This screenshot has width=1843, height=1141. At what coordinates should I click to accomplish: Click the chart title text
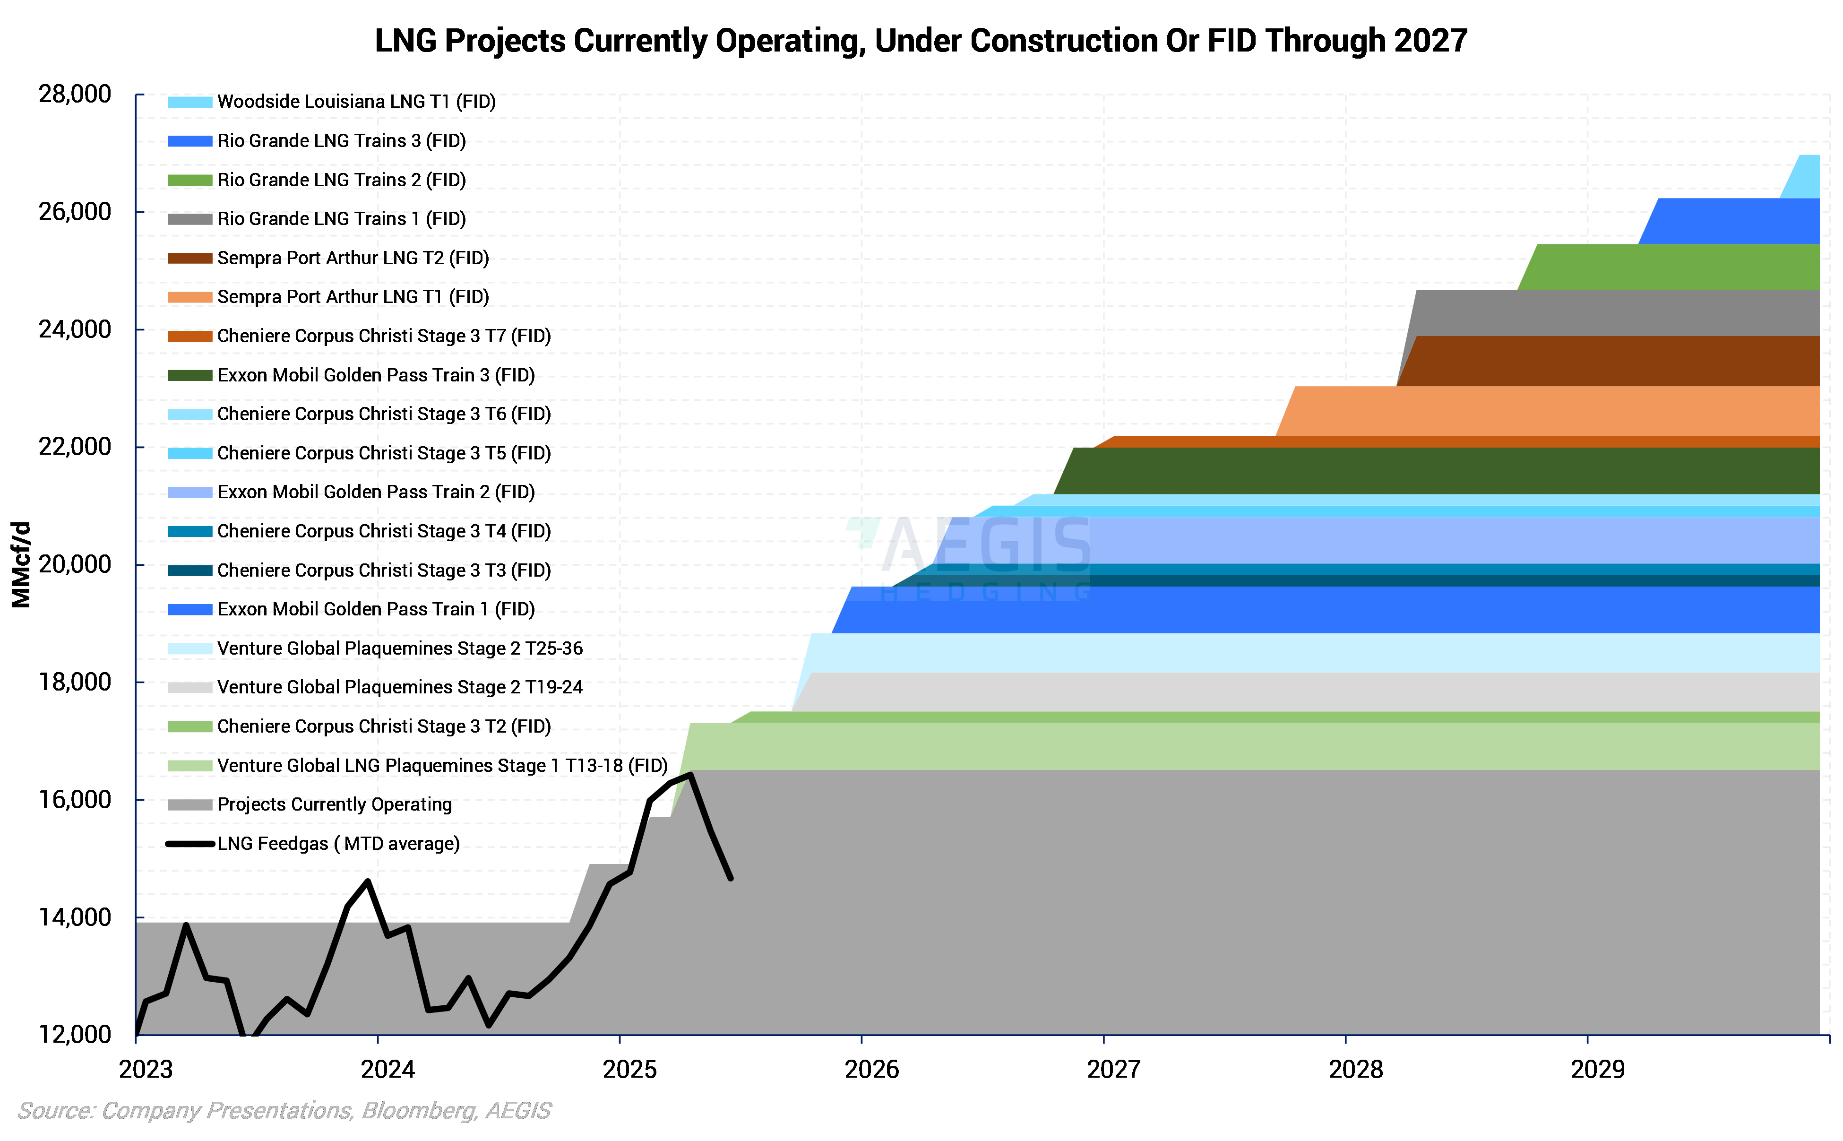pyautogui.click(x=921, y=41)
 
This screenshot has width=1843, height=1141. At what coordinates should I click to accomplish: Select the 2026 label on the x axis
pyautogui.click(x=871, y=1069)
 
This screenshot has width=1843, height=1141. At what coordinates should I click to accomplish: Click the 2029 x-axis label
pyautogui.click(x=1597, y=1069)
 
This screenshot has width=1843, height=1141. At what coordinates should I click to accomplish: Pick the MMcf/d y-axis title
pyautogui.click(x=21, y=564)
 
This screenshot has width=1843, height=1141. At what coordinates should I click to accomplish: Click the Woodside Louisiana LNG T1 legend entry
pyautogui.click(x=356, y=102)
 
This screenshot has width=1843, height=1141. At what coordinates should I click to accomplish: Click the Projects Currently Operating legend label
pyautogui.click(x=334, y=804)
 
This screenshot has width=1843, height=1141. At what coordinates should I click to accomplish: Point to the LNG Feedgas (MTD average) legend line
pyautogui.click(x=189, y=844)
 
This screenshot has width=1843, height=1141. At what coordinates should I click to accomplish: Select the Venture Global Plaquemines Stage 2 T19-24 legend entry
pyautogui.click(x=400, y=687)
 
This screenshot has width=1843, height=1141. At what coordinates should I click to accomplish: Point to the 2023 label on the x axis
pyautogui.click(x=146, y=1069)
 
